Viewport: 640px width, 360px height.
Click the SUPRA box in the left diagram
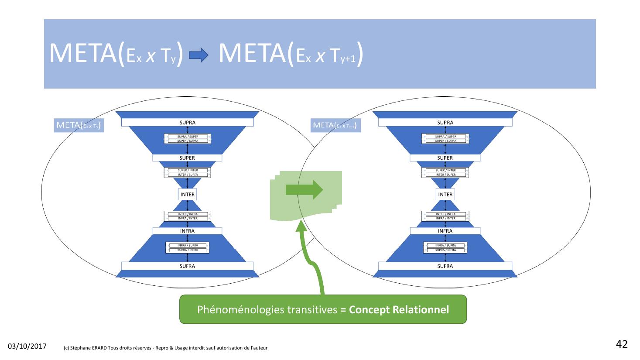187,123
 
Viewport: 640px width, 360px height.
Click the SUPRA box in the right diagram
445,123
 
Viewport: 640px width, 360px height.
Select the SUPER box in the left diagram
187,158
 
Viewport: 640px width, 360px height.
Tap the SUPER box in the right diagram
445,158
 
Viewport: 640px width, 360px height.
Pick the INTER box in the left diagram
188,195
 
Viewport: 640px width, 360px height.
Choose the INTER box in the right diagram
445,195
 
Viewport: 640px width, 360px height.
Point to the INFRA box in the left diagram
187,231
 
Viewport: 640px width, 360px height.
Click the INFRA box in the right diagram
445,231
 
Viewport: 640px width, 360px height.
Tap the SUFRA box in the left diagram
187,266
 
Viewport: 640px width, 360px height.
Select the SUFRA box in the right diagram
445,266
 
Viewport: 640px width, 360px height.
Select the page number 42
622,344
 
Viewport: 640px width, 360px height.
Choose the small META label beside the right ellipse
335,126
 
